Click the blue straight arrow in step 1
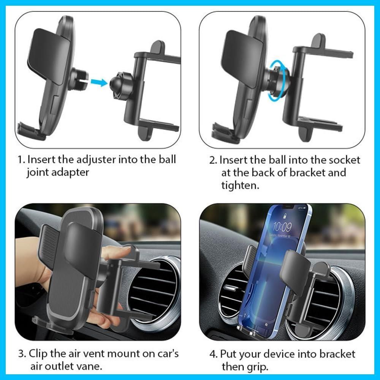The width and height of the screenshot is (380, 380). click(99, 82)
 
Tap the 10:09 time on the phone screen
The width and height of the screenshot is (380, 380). click(282, 227)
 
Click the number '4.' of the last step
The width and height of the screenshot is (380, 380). click(214, 355)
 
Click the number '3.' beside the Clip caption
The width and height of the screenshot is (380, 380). click(22, 354)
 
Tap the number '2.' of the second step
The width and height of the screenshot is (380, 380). click(214, 161)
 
